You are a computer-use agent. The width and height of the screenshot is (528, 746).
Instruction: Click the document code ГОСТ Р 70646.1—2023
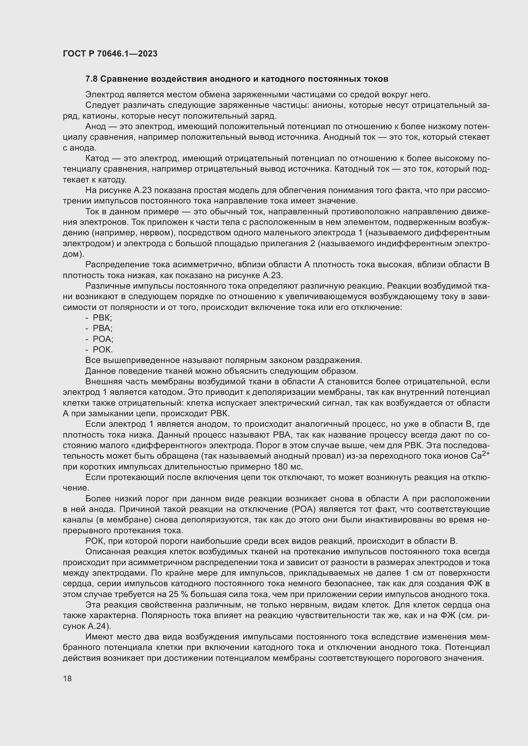click(110, 54)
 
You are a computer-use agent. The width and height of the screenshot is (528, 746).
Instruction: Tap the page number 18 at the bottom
click(67, 678)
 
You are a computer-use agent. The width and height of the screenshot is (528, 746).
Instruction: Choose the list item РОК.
click(102, 350)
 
